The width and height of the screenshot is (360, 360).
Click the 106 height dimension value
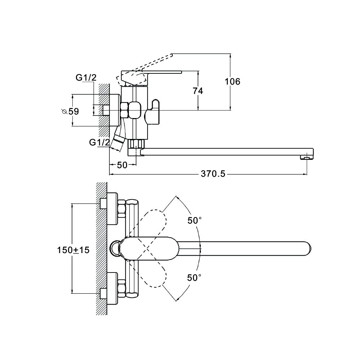pyautogui.click(x=233, y=82)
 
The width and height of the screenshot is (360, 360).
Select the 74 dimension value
pyautogui.click(x=198, y=91)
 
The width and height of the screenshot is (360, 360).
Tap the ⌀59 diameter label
pyautogui.click(x=70, y=111)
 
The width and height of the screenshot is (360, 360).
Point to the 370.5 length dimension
pyautogui.click(x=213, y=174)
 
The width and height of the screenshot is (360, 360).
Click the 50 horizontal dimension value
pyautogui.click(x=122, y=165)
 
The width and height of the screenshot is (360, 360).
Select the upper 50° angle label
pyautogui.click(x=195, y=220)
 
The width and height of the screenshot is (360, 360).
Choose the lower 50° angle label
pyautogui.click(x=194, y=278)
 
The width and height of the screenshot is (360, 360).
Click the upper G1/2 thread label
pyautogui.click(x=86, y=77)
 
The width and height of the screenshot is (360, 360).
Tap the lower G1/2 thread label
pyautogui.click(x=99, y=142)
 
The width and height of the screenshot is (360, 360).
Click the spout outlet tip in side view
pyautogui.click(x=306, y=157)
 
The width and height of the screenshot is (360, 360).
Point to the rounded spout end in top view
pyautogui.click(x=306, y=249)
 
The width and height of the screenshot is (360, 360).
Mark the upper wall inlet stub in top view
pyautogui.click(x=103, y=204)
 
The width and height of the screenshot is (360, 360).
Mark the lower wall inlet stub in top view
pyautogui.click(x=103, y=293)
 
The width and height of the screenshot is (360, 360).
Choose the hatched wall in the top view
pyautogui.click(x=102, y=248)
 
